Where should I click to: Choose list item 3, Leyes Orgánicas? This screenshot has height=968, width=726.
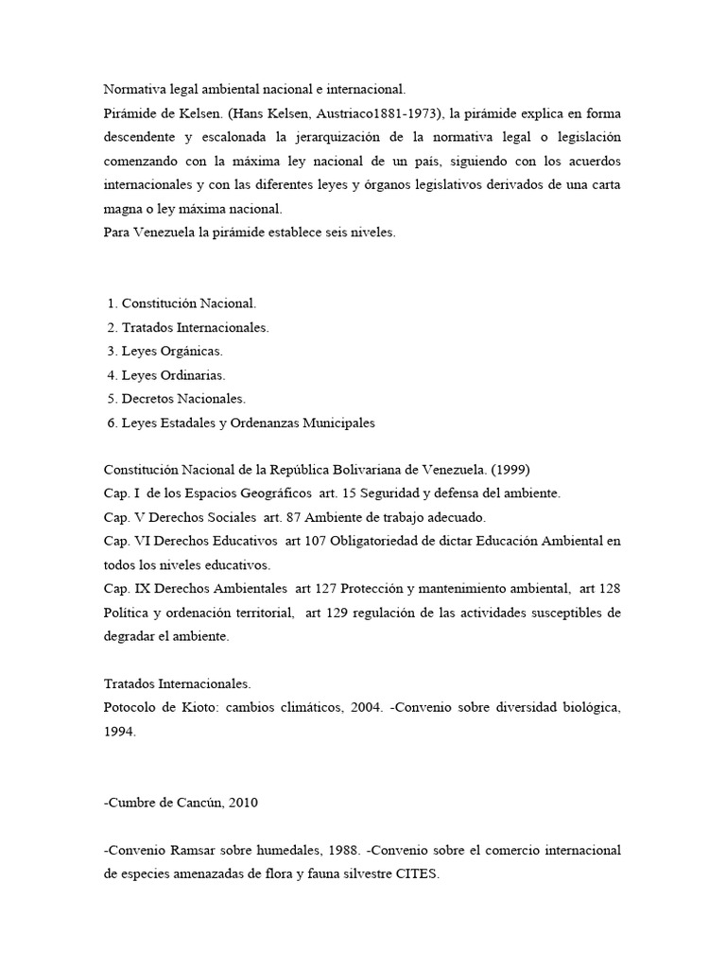coord(172,351)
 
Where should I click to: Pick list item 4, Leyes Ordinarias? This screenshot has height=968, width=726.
coord(173,375)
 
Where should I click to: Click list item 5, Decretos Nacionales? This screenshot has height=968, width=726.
coord(183,399)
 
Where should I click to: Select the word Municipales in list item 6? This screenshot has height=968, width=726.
coord(338,423)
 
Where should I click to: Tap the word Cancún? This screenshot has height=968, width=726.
coord(194,803)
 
